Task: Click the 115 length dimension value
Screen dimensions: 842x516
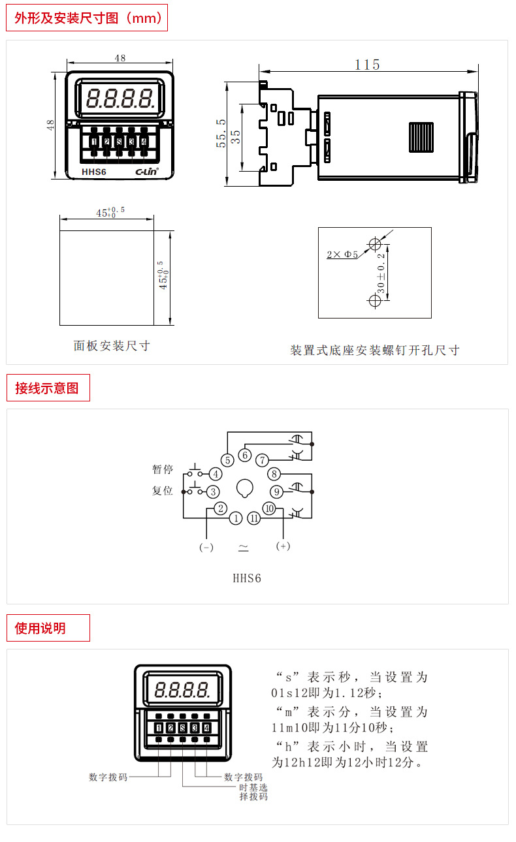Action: tap(367, 65)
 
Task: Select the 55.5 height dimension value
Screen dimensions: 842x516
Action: tap(221, 134)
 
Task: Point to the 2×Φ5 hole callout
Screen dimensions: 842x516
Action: tap(342, 255)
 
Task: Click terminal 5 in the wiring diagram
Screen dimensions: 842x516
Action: tap(227, 460)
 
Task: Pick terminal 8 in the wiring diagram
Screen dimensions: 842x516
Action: tap(275, 474)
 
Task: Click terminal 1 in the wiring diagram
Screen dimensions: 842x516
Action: tap(235, 518)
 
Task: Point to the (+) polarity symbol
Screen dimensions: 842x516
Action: tap(283, 546)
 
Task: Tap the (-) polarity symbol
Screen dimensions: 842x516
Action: tap(206, 548)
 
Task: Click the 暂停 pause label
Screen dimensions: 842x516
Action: tap(163, 470)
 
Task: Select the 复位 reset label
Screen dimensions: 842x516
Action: tap(163, 490)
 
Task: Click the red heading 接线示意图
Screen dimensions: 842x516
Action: tap(47, 388)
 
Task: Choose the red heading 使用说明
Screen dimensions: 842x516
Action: tap(40, 628)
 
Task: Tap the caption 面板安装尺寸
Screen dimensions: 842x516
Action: tap(112, 346)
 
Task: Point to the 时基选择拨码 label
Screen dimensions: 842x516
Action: tap(253, 792)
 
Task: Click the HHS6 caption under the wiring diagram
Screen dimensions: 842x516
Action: tap(247, 578)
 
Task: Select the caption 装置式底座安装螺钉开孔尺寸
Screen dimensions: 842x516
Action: tap(375, 351)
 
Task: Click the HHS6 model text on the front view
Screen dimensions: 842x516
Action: tap(94, 172)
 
